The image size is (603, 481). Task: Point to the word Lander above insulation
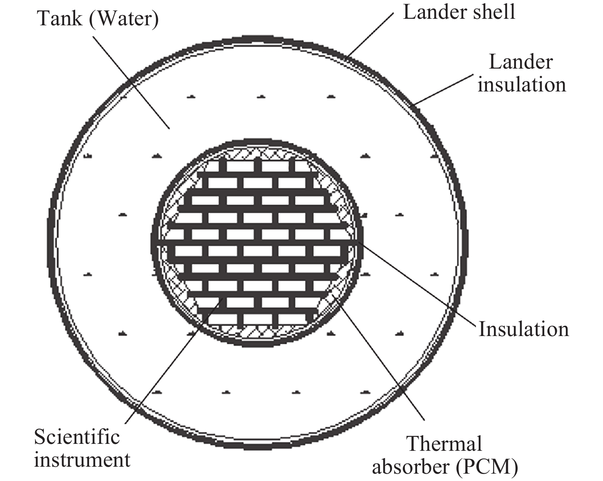click(x=520, y=62)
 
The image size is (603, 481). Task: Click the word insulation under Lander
click(x=522, y=85)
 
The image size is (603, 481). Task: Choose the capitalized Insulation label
click(x=524, y=329)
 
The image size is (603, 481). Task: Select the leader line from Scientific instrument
click(x=174, y=361)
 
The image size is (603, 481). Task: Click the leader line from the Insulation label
click(x=417, y=284)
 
